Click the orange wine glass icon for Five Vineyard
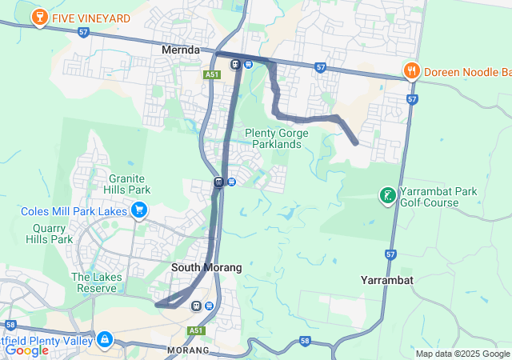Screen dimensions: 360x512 coord(38,17)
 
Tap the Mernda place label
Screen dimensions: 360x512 coord(181,50)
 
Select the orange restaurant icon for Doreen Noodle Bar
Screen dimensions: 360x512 coord(412,71)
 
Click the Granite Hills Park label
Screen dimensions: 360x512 coord(130,184)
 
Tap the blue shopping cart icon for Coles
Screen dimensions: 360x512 coord(139,210)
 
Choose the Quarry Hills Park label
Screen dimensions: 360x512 coord(49,233)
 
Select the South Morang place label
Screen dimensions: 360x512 coord(206,267)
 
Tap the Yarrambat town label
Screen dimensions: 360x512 coord(386,281)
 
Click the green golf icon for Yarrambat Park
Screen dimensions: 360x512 coord(388,194)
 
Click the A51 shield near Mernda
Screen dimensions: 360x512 coord(211,74)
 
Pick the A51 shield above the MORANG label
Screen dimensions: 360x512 coord(197,330)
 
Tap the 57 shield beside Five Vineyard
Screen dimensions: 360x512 coord(84,32)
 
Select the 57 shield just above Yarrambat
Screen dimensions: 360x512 coord(390,254)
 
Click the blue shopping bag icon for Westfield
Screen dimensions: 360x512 coord(105,340)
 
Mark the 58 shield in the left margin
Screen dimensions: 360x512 coord(10,326)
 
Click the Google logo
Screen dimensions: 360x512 coord(26,350)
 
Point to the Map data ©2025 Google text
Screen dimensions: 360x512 coord(462,354)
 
